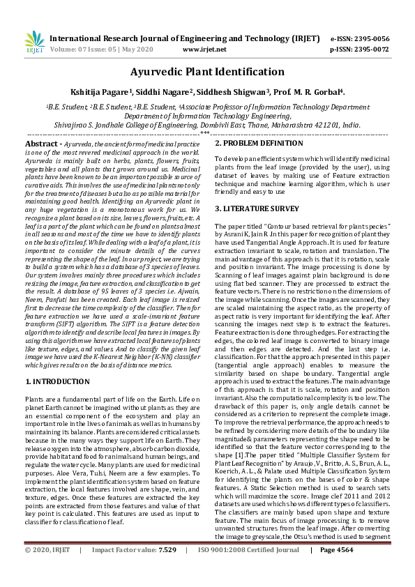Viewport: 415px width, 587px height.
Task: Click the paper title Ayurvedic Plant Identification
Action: (x=207, y=71)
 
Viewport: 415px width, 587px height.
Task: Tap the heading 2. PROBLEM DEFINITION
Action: (x=259, y=143)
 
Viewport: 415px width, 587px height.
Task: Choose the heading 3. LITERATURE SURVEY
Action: (x=257, y=208)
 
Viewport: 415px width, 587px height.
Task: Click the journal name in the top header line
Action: (x=185, y=40)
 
